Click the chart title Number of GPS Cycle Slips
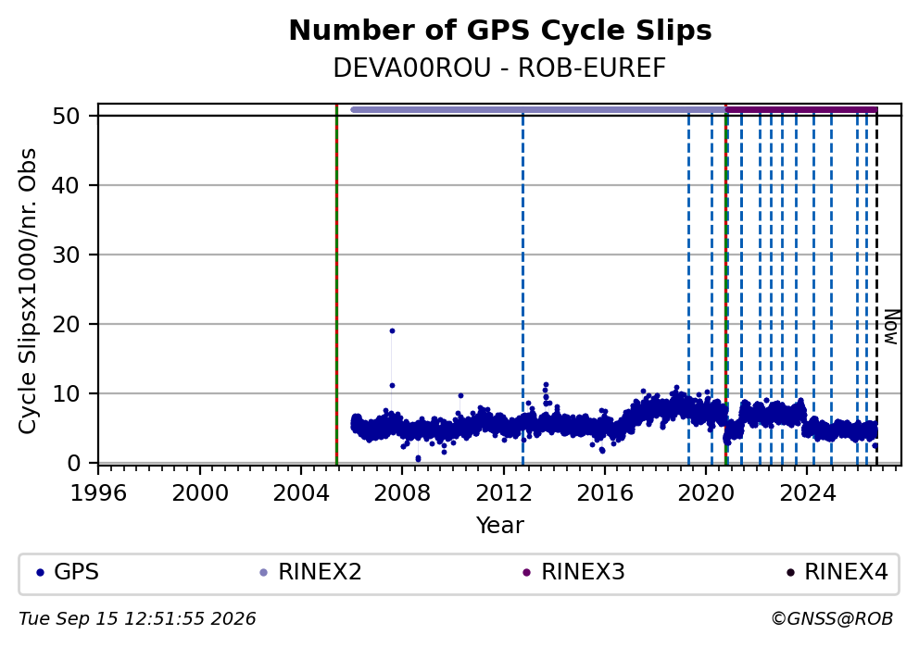(500, 31)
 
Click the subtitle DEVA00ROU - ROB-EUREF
(500, 68)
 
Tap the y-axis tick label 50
(66, 116)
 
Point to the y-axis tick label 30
(66, 255)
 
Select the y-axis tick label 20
(66, 324)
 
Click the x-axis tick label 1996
(98, 493)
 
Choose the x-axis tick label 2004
(301, 493)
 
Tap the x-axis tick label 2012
(503, 493)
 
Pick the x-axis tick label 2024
(807, 493)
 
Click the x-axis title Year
(500, 525)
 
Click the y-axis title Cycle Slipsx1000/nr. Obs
(28, 291)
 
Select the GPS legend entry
(68, 572)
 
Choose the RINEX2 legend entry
(310, 572)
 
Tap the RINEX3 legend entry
(573, 572)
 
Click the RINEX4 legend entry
(837, 572)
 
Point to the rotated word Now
(891, 327)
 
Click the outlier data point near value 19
(392, 330)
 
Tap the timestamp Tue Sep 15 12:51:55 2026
(137, 619)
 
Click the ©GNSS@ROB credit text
(832, 619)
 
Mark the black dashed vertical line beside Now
(876, 289)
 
